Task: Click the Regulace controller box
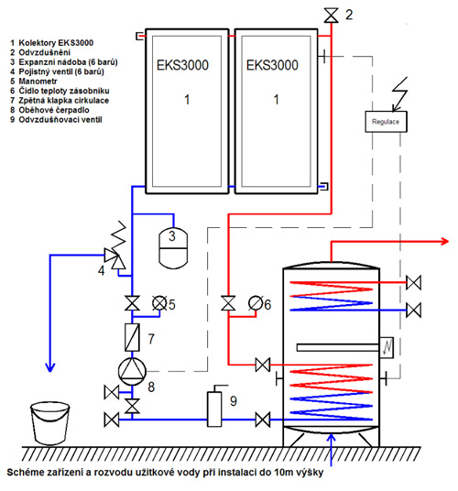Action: click(x=386, y=122)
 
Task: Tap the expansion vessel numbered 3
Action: click(x=173, y=248)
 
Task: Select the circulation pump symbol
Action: click(x=132, y=371)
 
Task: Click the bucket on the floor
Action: click(x=50, y=424)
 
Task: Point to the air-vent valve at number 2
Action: click(x=331, y=16)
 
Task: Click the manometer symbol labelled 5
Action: click(x=159, y=303)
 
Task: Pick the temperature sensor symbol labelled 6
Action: click(x=256, y=303)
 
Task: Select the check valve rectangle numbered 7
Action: click(x=132, y=337)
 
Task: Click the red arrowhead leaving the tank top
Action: click(x=444, y=242)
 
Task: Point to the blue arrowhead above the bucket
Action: click(x=50, y=367)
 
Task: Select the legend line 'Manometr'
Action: click(x=34, y=82)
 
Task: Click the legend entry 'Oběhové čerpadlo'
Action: click(x=49, y=110)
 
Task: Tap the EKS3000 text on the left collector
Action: click(x=182, y=65)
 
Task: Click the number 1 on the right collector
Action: click(x=276, y=100)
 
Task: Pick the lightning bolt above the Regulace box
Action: click(x=400, y=94)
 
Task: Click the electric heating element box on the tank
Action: click(x=387, y=347)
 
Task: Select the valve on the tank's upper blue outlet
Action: click(x=413, y=310)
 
